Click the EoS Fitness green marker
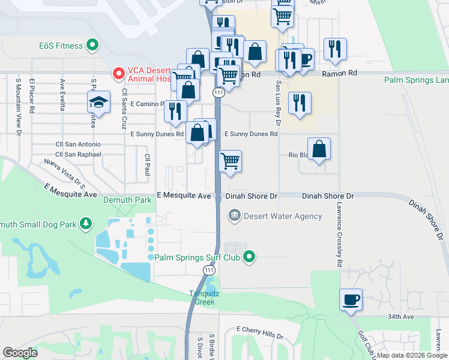pyautogui.click(x=92, y=44)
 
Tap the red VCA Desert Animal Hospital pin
pyautogui.click(x=119, y=74)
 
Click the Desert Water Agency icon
pyautogui.click(x=234, y=215)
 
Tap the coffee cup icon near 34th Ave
pyautogui.click(x=351, y=299)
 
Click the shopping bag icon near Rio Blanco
pyautogui.click(x=319, y=148)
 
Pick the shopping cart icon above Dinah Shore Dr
pyautogui.click(x=231, y=161)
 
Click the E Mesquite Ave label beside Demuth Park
pyautogui.click(x=184, y=196)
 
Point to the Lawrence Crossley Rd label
pyautogui.click(x=339, y=234)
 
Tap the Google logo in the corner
pyautogui.click(x=20, y=352)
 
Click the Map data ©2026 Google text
pyautogui.click(x=412, y=355)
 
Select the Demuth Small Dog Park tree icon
pyautogui.click(x=86, y=224)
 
